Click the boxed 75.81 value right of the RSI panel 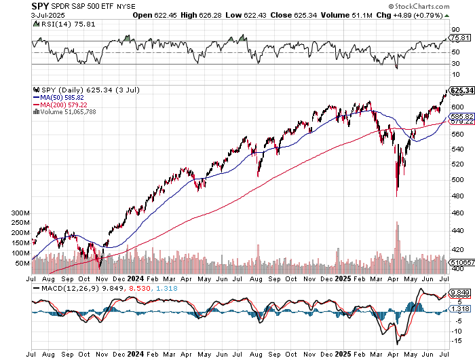click(x=462, y=39)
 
